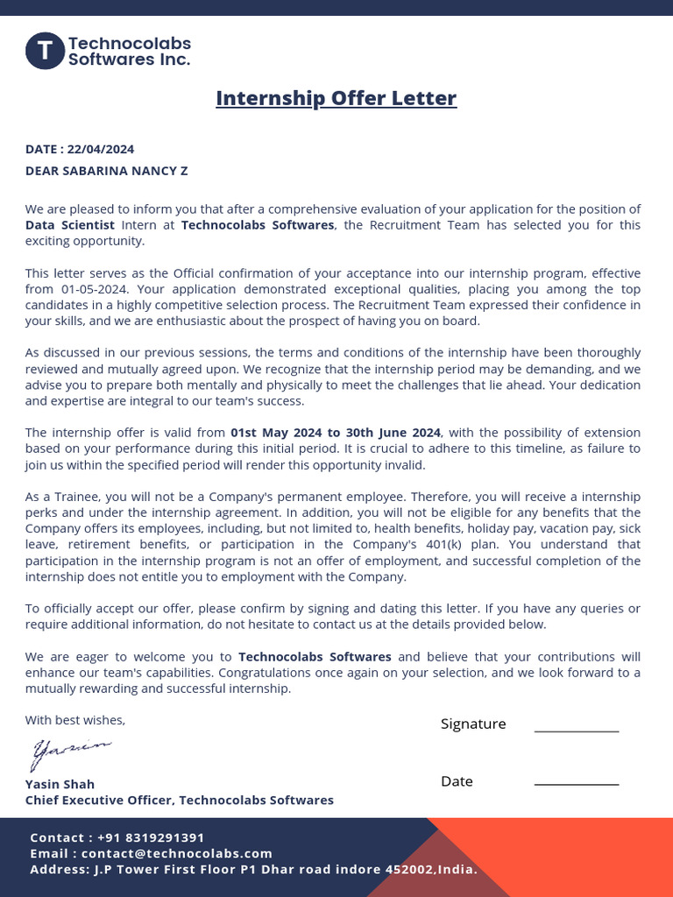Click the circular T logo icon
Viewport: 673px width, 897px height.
(x=45, y=51)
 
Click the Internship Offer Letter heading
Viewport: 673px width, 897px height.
(x=336, y=97)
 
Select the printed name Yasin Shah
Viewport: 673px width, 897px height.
(x=60, y=784)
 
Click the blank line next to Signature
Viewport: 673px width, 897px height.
(x=576, y=730)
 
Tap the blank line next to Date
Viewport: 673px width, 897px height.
(x=576, y=784)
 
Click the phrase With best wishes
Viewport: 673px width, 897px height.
(x=75, y=720)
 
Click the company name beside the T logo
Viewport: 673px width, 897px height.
(x=129, y=52)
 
